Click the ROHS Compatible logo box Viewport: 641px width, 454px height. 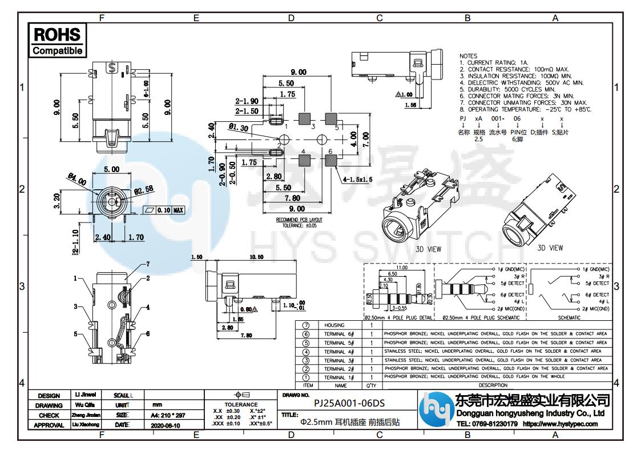tap(57, 40)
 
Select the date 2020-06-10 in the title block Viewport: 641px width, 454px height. tap(165, 425)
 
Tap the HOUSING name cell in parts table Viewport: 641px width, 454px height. tap(334, 325)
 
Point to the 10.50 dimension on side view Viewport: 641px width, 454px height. tap(256, 257)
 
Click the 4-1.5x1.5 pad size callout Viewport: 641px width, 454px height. tap(357, 180)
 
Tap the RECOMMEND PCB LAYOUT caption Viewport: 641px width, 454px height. tap(299, 220)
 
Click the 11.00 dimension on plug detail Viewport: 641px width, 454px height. tap(401, 267)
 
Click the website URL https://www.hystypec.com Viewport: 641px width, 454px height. tap(560, 424)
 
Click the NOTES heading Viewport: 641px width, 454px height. tap(469, 56)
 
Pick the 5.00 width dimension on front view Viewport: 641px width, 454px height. tap(111, 169)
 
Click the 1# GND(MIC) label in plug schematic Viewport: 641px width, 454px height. tap(509, 269)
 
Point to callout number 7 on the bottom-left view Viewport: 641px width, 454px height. tap(147, 264)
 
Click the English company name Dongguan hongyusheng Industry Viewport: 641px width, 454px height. tap(530, 413)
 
